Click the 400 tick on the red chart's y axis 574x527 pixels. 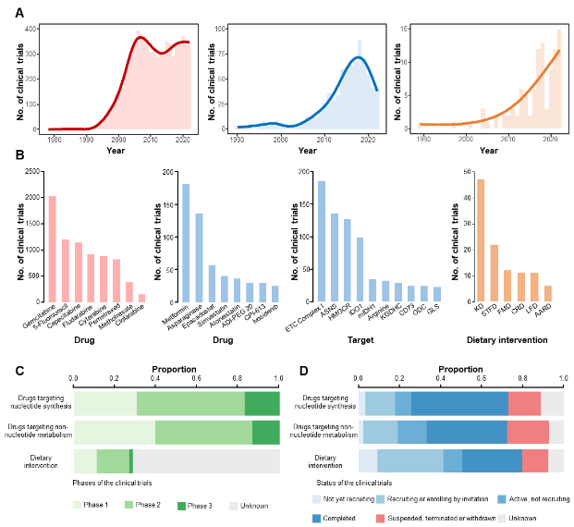[x=31, y=30]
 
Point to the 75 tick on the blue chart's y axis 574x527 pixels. [x=220, y=55]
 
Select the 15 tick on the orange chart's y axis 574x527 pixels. [x=403, y=30]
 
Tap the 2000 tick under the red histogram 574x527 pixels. [x=118, y=140]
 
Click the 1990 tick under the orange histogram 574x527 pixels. [x=423, y=140]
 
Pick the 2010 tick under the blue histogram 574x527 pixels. [x=324, y=140]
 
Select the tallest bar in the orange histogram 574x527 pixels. [x=559, y=79]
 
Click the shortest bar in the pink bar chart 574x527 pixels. [x=142, y=298]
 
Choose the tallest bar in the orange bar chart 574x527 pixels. [x=481, y=240]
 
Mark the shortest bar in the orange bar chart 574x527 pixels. [x=548, y=293]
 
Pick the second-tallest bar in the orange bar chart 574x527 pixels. [x=495, y=273]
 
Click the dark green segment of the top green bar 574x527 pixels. [x=263, y=404]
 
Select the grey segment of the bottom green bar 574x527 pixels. [x=206, y=460]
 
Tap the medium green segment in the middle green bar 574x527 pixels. [x=203, y=433]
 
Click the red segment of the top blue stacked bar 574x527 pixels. [x=524, y=404]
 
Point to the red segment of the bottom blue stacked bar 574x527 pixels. [x=535, y=460]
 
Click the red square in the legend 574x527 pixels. [x=381, y=519]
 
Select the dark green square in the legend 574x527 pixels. [x=181, y=506]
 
